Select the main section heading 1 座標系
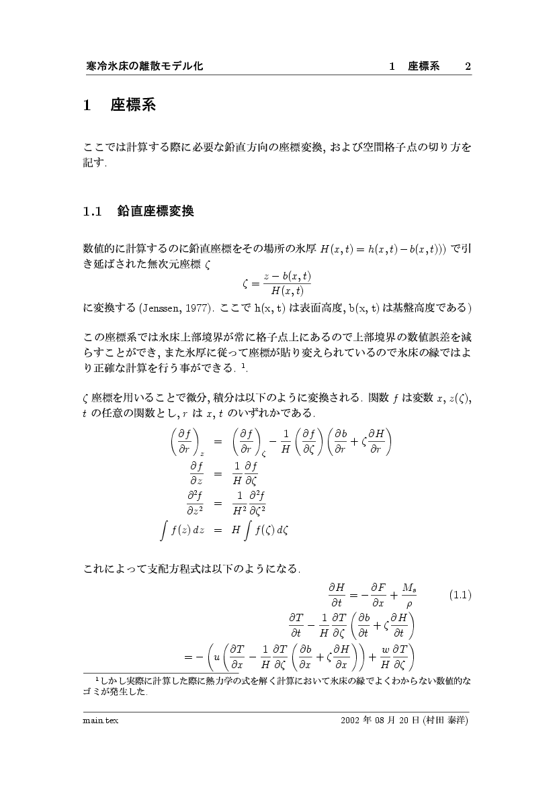coord(120,105)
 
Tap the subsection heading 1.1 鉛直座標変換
coord(138,212)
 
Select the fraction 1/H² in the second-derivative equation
coord(237,504)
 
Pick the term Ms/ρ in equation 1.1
coord(409,594)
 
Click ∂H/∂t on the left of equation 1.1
coord(337,594)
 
